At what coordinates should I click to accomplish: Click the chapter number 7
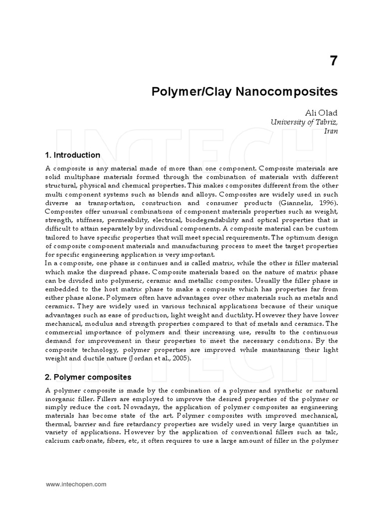[333, 61]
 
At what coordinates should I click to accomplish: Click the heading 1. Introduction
[73, 155]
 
